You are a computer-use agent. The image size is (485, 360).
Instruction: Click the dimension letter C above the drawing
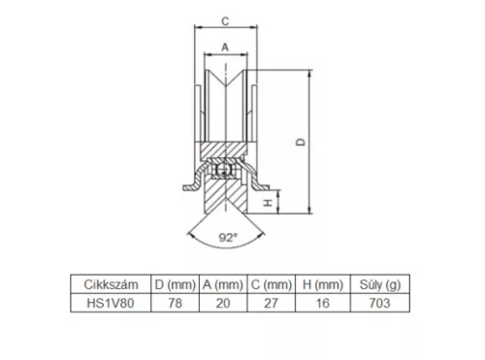tap(225, 21)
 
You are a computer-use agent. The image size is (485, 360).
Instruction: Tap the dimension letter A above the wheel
tap(225, 48)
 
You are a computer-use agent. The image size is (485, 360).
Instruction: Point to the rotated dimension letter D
tap(301, 142)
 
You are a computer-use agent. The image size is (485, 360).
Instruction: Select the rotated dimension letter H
tap(269, 203)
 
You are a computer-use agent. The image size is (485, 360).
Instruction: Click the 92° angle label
tap(228, 238)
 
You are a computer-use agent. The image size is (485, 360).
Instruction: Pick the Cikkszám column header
tap(111, 284)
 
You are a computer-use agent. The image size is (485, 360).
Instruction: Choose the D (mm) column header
tap(176, 285)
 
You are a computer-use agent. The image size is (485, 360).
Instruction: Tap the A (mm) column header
tap(223, 285)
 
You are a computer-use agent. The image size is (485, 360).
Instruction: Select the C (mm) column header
tap(272, 285)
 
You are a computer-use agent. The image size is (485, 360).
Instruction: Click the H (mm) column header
tap(323, 285)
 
